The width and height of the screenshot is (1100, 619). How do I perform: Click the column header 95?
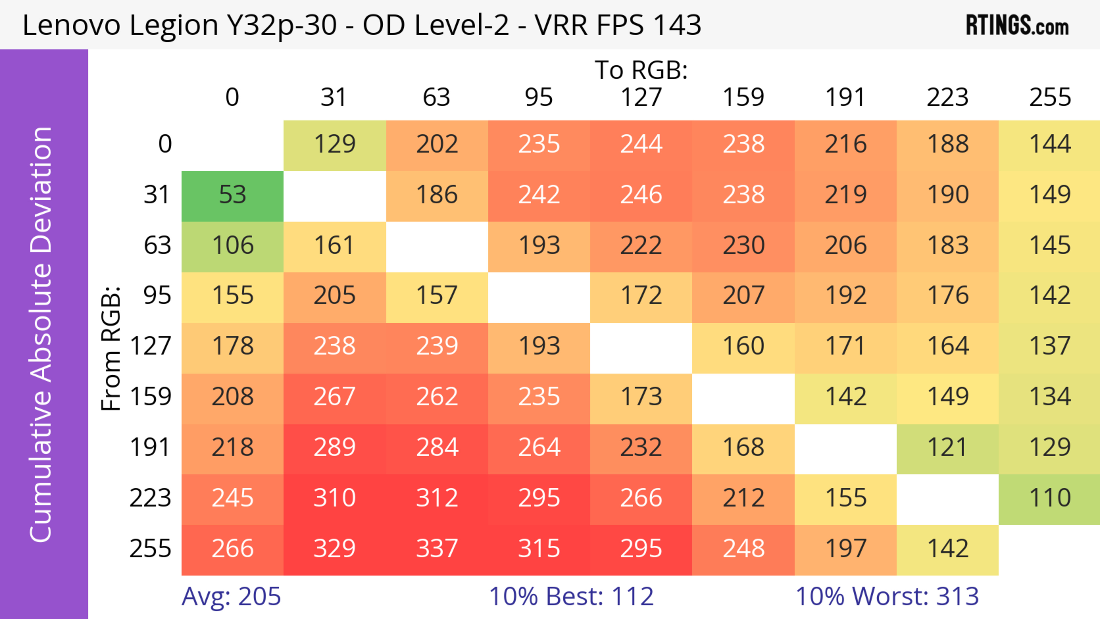tap(539, 97)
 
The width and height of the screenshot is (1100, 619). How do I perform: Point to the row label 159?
tap(151, 397)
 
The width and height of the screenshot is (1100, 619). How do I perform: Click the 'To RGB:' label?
tap(641, 70)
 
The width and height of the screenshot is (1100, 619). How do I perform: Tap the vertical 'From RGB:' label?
tap(111, 348)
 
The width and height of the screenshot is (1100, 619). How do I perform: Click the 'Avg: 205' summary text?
tap(231, 596)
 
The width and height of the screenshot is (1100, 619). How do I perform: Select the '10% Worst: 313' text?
tap(887, 596)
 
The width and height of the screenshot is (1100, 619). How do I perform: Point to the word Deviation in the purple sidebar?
tap(42, 190)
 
